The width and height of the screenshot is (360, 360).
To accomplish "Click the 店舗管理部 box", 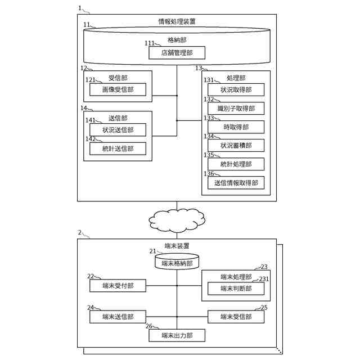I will (177, 53).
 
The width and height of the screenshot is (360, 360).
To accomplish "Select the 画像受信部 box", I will (118, 89).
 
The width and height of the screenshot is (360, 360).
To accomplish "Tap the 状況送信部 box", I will (118, 130).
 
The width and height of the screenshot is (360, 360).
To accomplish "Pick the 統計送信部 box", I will (118, 148).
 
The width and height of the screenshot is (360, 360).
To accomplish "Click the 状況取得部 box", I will (236, 89).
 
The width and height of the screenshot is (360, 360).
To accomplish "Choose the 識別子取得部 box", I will (236, 108).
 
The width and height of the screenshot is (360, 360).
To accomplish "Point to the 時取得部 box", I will (236, 127).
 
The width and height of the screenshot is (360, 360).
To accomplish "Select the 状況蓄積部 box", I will (236, 145).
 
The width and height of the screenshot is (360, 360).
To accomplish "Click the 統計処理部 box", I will (236, 164).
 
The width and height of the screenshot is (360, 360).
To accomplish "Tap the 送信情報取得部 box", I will (236, 182).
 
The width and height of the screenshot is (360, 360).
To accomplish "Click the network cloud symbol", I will (177, 219).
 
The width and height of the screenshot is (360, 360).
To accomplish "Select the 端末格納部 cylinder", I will (177, 262).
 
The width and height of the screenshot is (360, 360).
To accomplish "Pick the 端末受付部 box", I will (118, 286).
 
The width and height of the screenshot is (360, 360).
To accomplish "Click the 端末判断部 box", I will (236, 289).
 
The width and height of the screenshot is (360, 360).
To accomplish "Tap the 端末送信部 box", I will (118, 317).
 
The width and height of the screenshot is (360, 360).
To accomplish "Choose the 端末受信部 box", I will (236, 317).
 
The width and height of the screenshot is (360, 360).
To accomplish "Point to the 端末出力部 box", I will (177, 335).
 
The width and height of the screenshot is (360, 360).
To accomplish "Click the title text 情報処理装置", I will (177, 21).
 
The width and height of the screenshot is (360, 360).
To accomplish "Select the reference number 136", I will (209, 174).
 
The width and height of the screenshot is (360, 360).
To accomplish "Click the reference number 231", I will (264, 279).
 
